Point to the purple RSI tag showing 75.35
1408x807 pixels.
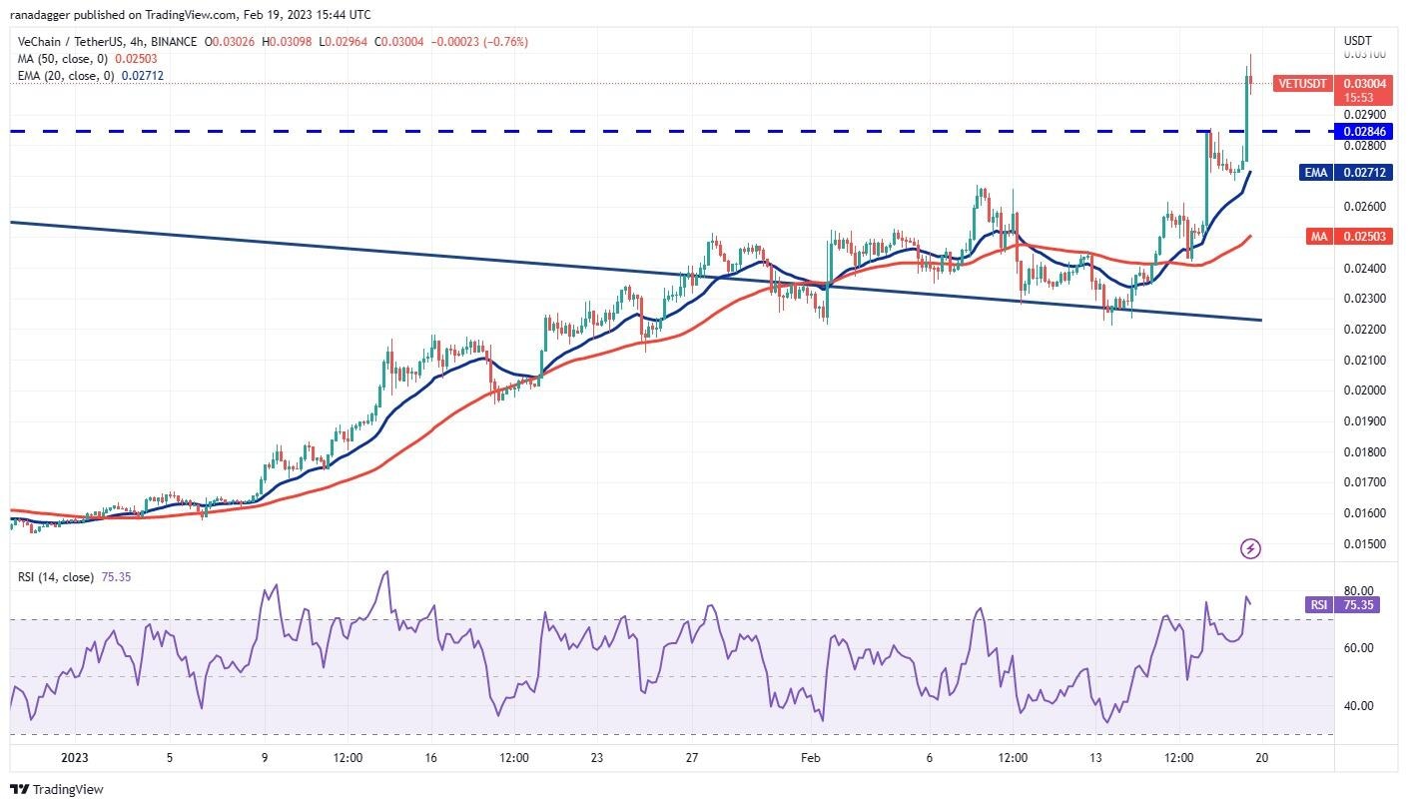point(1342,604)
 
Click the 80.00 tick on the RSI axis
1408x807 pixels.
point(1358,591)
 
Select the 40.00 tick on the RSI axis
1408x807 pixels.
point(1358,706)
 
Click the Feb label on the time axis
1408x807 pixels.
point(810,758)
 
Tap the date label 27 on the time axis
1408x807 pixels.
point(692,758)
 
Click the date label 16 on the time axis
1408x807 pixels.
point(430,758)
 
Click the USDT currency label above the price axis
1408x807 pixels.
point(1358,41)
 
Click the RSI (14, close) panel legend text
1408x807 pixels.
point(67,577)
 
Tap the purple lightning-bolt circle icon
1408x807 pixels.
point(1250,548)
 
